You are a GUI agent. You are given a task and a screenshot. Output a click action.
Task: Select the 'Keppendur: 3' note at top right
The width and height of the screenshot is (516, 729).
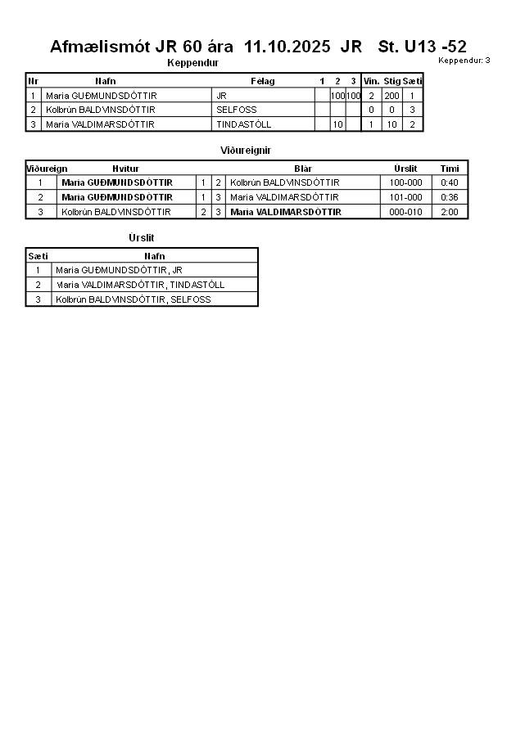(464, 61)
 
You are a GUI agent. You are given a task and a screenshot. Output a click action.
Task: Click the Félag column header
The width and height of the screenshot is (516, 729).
(262, 81)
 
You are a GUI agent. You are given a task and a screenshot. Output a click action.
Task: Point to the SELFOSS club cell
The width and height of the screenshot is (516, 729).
(237, 110)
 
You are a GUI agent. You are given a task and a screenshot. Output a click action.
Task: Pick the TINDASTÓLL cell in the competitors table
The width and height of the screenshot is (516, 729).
(243, 124)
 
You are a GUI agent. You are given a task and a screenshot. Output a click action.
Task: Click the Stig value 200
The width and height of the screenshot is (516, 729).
(392, 96)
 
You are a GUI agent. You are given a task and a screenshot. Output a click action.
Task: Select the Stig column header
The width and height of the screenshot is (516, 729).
(392, 81)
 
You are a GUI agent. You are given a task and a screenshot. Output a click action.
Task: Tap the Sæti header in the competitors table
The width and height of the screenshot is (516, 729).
(412, 81)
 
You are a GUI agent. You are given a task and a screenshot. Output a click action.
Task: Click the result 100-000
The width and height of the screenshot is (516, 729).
(405, 182)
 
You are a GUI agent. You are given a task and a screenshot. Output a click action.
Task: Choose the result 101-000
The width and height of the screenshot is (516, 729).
(405, 197)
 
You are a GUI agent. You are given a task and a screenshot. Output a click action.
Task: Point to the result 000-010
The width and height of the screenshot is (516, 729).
(405, 212)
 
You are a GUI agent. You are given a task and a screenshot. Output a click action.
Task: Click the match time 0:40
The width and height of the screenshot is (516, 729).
(450, 182)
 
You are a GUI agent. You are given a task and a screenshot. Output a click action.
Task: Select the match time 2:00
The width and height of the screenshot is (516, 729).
(450, 212)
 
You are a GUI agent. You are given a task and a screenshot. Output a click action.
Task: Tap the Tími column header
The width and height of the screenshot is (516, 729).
(450, 169)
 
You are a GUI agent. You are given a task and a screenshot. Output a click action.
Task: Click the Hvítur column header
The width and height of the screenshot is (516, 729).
(125, 169)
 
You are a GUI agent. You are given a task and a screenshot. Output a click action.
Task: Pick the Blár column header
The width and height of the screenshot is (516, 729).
(302, 169)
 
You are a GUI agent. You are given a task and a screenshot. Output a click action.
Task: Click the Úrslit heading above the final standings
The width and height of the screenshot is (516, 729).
(141, 238)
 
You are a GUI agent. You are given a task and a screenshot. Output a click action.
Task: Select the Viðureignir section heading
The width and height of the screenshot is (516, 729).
(246, 151)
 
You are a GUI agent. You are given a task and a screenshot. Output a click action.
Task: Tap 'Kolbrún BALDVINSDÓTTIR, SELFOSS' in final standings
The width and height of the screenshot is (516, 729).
(133, 299)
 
